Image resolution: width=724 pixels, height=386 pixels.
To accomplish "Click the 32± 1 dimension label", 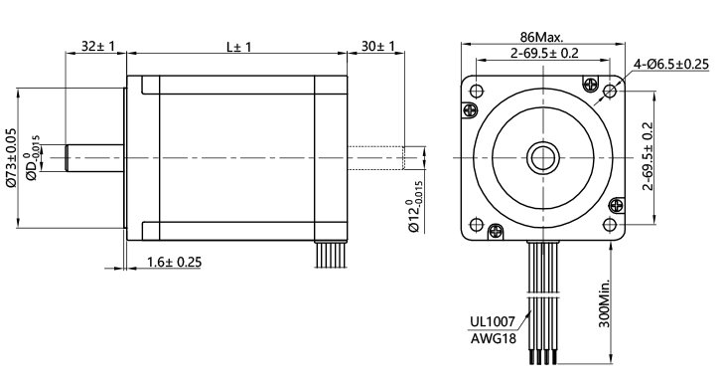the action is coord(97,46).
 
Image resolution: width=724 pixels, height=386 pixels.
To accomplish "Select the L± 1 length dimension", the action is coord(238,47).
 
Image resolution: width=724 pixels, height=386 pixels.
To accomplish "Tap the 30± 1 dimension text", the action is coord(378,46).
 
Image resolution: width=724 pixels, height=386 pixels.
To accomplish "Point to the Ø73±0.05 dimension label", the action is coord(11,157).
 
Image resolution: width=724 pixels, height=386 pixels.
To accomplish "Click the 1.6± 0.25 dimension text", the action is coord(174,262).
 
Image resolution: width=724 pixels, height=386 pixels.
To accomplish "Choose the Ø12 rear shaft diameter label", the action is coord(414,206).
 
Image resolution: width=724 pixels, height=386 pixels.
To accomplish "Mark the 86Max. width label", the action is coord(541,37).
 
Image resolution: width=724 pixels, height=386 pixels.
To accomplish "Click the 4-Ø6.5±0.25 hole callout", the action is coord(671,65).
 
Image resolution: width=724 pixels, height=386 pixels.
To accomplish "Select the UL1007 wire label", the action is coord(493,321).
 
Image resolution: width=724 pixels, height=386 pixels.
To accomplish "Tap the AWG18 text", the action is coord(494,339).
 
